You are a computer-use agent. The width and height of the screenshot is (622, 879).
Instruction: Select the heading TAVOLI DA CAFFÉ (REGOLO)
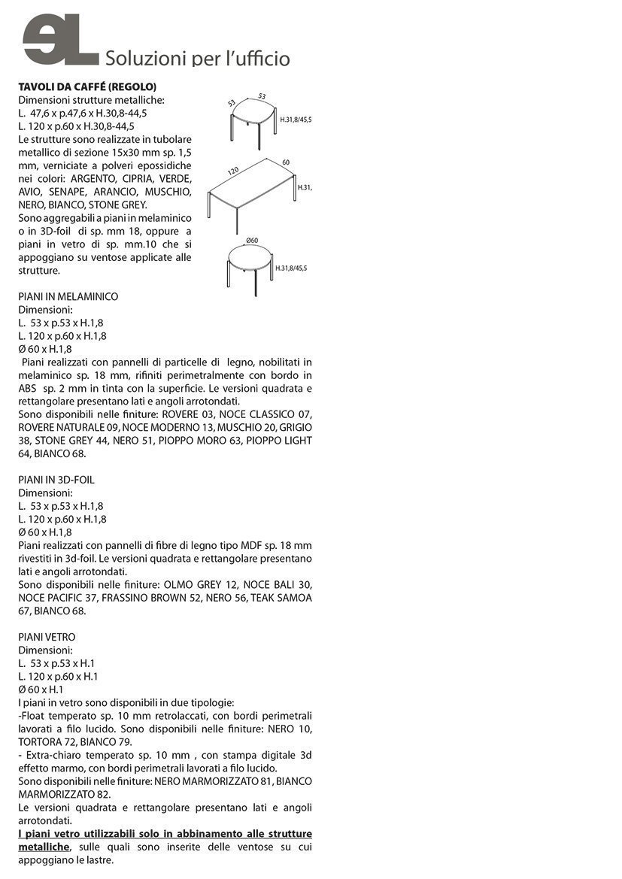click(x=87, y=87)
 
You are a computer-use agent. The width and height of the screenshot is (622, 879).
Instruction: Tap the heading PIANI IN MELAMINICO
click(x=68, y=297)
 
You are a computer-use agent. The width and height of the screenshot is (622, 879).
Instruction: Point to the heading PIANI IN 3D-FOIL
click(x=56, y=480)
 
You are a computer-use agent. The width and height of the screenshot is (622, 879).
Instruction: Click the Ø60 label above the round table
click(x=252, y=241)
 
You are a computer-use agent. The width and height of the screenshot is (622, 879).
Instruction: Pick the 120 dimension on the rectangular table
click(x=233, y=171)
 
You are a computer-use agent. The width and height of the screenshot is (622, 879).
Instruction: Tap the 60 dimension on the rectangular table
click(x=286, y=162)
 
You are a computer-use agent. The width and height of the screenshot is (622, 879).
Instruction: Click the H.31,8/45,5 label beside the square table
click(x=296, y=120)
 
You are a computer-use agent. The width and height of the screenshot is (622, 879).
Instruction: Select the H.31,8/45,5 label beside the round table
click(x=291, y=268)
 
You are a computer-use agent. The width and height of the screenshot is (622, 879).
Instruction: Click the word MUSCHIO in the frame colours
click(x=167, y=192)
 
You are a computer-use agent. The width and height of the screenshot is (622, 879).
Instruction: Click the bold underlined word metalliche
click(x=44, y=847)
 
